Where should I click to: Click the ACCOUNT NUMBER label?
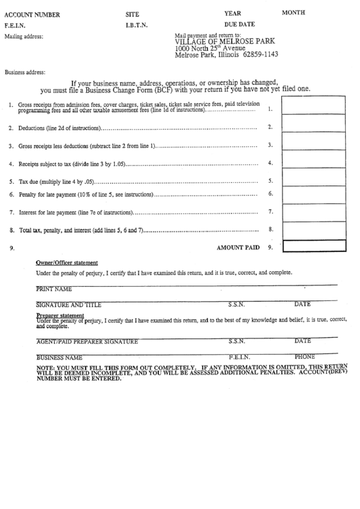pos(32,14)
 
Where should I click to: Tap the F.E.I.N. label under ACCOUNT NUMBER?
pos(15,26)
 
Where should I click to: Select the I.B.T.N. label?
pos(137,26)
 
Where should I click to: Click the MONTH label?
pos(294,12)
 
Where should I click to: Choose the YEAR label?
pos(232,13)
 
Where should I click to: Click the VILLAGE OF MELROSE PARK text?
pos(223,41)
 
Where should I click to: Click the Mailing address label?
pos(24,37)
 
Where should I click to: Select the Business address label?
pos(25,72)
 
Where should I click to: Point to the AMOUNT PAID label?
pos(238,248)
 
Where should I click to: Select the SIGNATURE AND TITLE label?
pos(68,305)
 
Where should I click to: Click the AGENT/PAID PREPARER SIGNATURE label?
pos(87,341)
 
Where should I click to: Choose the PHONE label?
pos(305,356)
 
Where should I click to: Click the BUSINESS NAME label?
pos(59,357)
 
